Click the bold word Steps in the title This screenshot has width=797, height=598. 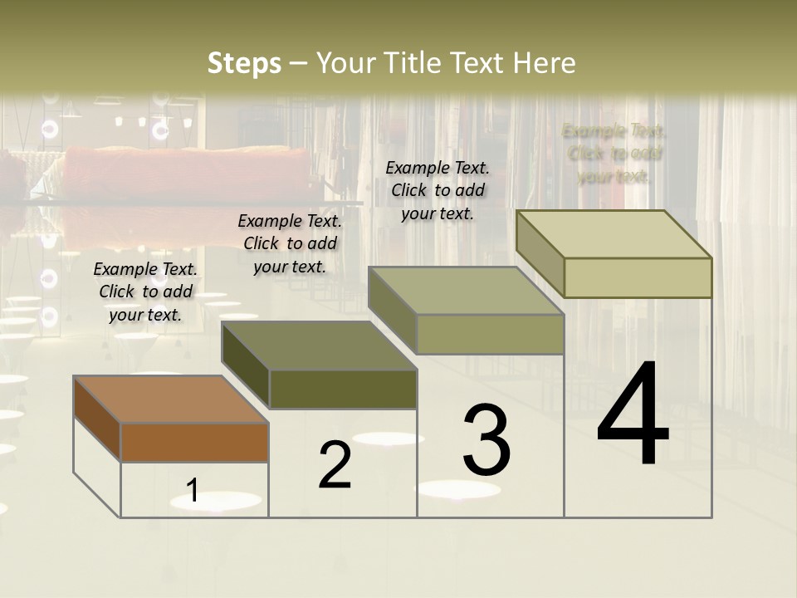244,63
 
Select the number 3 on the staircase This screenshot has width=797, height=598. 486,440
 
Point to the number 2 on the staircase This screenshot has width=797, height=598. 335,465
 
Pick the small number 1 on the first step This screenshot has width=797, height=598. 193,490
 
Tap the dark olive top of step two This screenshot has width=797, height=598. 319,346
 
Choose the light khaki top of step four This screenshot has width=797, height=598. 614,234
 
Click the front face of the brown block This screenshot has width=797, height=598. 194,442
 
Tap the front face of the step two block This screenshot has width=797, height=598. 343,389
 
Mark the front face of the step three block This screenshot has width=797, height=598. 490,335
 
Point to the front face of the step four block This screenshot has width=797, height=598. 638,277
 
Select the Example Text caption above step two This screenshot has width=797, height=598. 290,244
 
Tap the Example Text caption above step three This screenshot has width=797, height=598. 438,190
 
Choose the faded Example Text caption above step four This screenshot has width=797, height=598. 614,154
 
